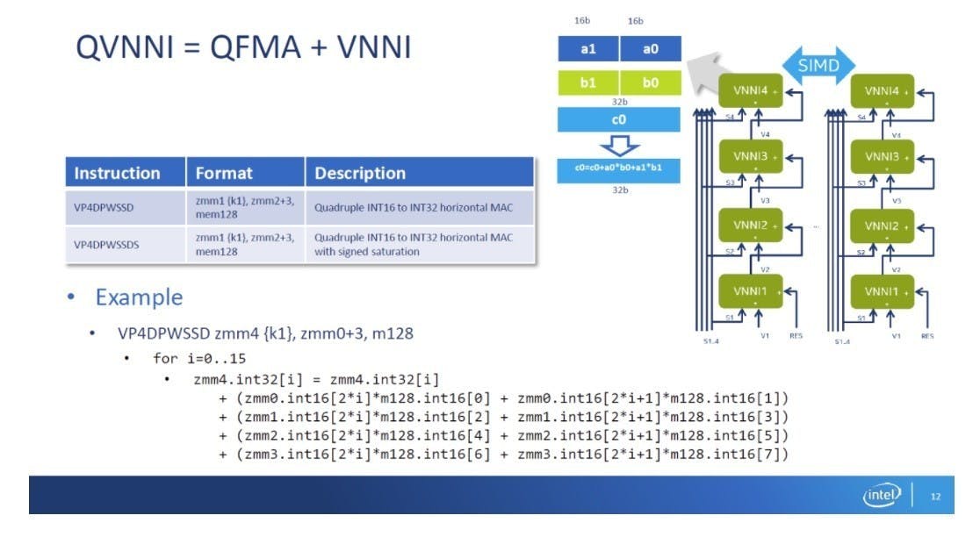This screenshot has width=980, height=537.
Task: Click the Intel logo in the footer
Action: click(x=882, y=496)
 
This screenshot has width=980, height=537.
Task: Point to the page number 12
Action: click(x=934, y=497)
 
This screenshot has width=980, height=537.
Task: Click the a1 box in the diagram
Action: click(x=588, y=49)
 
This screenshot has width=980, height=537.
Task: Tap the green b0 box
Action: click(x=650, y=83)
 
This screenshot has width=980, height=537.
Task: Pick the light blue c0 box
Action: click(x=619, y=118)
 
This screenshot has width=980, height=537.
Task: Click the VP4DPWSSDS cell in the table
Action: click(x=106, y=245)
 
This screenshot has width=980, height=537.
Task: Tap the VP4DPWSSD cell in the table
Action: click(x=104, y=208)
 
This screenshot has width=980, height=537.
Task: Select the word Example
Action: click(x=139, y=297)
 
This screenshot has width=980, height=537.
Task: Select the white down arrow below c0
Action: click(x=619, y=144)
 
